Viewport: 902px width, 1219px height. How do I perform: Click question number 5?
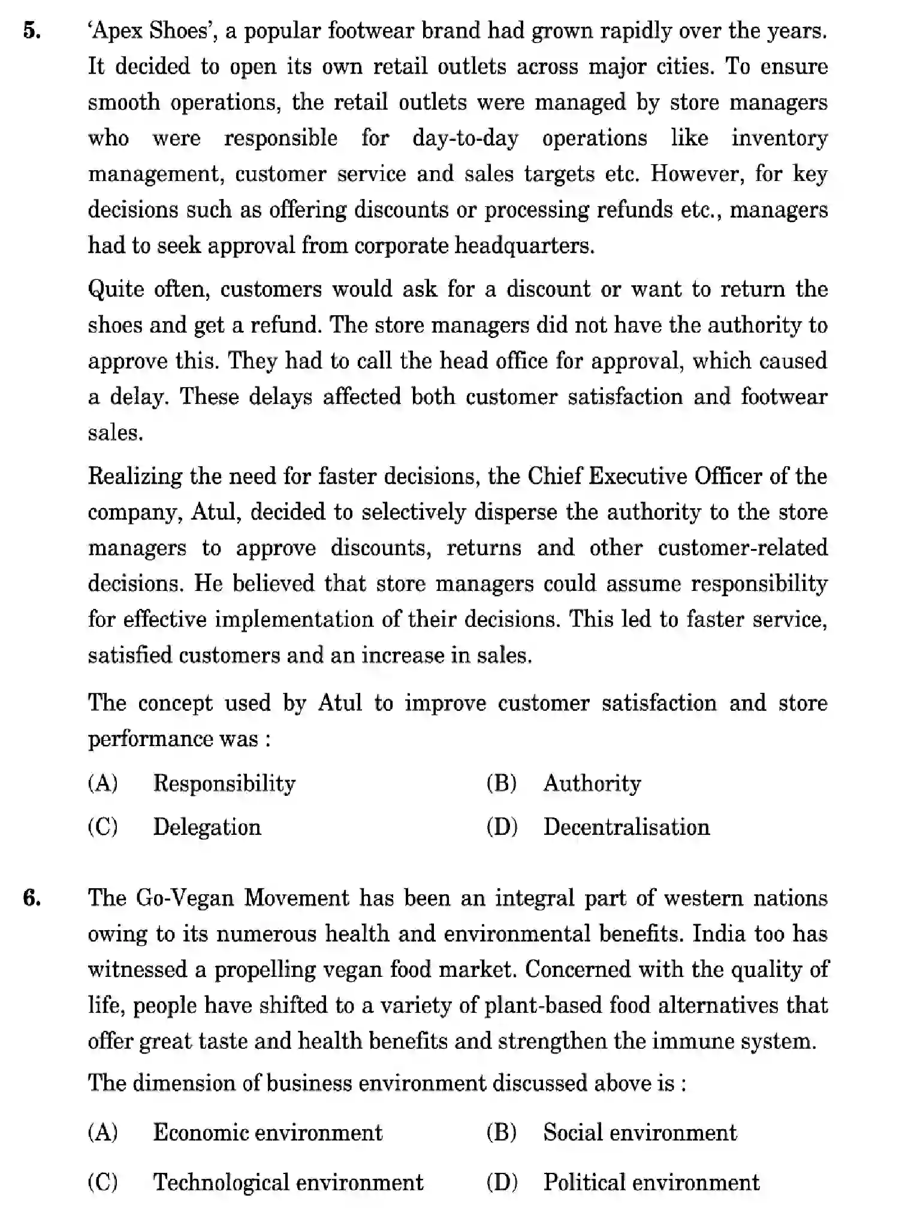31,31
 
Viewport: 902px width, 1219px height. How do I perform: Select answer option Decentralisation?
626,827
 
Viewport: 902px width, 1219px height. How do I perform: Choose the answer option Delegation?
207,827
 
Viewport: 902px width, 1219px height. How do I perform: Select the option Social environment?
639,1133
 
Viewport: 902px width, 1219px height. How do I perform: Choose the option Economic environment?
267,1133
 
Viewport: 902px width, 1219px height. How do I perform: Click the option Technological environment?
288,1182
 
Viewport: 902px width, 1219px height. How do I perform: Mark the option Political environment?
651,1182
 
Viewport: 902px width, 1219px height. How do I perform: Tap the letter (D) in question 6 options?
502,1182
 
